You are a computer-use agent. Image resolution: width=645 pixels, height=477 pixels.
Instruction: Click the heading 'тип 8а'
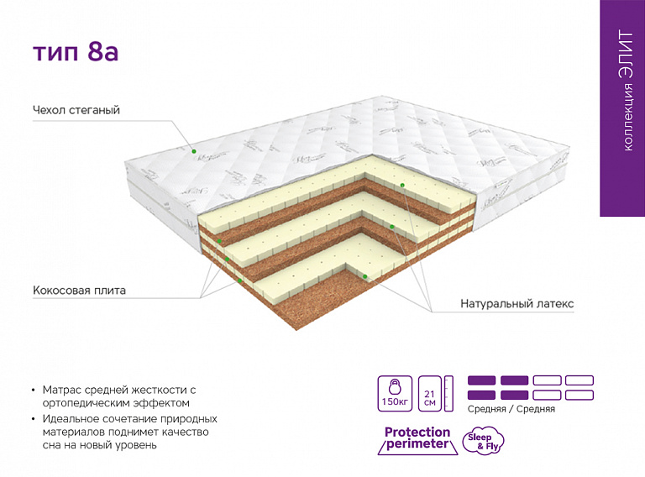click(x=76, y=52)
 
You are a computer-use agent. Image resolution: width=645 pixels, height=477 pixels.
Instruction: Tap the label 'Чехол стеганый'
click(x=76, y=110)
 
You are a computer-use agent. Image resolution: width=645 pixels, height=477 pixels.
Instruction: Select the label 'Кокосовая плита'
click(x=80, y=291)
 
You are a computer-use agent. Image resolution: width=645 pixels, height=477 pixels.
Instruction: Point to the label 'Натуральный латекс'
click(x=517, y=304)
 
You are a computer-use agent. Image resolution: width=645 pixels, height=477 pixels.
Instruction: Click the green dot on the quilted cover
click(x=194, y=151)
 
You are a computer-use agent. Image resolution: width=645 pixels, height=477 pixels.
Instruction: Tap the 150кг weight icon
click(x=395, y=394)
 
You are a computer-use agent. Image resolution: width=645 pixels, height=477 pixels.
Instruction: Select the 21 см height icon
click(x=430, y=394)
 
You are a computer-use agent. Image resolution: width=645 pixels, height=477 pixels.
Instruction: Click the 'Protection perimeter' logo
click(x=417, y=440)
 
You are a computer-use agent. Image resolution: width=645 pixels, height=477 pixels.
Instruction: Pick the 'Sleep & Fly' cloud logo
click(x=484, y=441)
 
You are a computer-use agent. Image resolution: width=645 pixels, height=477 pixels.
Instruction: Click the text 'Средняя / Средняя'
click(x=511, y=409)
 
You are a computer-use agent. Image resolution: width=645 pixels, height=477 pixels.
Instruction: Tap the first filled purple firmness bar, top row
click(x=482, y=380)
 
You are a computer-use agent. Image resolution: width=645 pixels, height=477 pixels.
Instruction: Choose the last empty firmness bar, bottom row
click(x=579, y=396)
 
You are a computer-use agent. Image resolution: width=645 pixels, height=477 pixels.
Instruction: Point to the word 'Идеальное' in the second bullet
click(x=69, y=419)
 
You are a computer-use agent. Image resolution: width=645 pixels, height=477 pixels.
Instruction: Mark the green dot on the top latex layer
click(x=402, y=186)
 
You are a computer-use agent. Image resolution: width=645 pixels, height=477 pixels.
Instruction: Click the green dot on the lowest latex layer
click(x=364, y=276)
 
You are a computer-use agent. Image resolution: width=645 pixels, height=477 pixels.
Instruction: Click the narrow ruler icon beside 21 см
click(x=448, y=394)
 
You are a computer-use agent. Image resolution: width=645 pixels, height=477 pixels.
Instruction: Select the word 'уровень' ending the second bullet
click(x=136, y=445)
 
